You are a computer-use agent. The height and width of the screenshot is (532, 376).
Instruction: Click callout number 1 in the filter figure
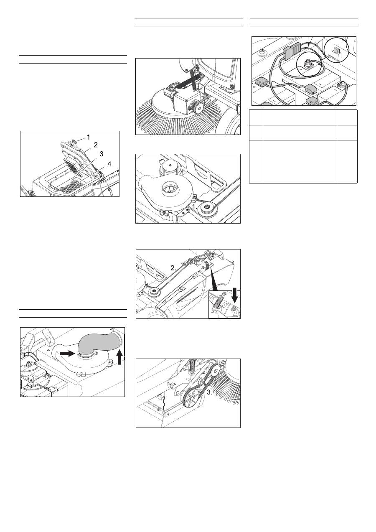click(88, 137)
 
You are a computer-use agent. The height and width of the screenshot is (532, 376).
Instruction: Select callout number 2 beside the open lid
click(96, 145)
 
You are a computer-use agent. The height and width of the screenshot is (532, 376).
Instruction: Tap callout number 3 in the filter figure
click(102, 154)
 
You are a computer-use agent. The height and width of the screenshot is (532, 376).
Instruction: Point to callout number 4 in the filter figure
click(109, 164)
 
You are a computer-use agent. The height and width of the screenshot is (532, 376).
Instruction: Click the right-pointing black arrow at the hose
click(67, 354)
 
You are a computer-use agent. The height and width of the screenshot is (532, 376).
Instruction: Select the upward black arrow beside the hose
click(120, 358)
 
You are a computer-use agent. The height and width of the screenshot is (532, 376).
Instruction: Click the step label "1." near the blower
click(195, 206)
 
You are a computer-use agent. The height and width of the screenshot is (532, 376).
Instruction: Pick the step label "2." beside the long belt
click(173, 268)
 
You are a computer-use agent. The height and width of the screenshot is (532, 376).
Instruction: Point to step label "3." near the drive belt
click(209, 392)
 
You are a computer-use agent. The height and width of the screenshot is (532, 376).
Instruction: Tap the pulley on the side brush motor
click(198, 107)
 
